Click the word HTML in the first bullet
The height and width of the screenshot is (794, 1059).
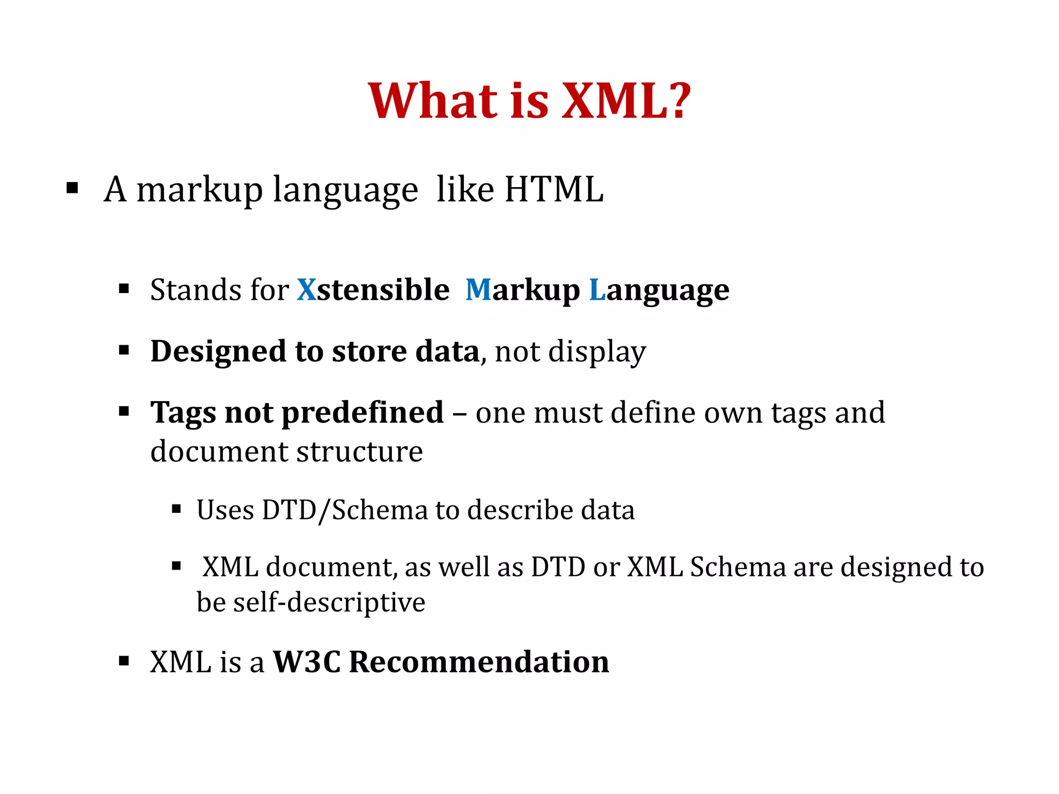pyautogui.click(x=554, y=189)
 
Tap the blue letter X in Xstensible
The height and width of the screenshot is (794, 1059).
pyautogui.click(x=306, y=289)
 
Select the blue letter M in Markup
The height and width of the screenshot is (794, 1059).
pyautogui.click(x=478, y=289)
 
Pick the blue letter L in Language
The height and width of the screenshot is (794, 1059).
pyautogui.click(x=597, y=289)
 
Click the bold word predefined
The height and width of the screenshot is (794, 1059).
pyautogui.click(x=362, y=414)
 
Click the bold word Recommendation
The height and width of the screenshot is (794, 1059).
pyautogui.click(x=479, y=662)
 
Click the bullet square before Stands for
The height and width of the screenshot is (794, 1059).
pyautogui.click(x=124, y=288)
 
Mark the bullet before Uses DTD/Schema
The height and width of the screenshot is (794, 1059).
pyautogui.click(x=176, y=509)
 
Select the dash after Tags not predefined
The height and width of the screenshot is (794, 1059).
pyautogui.click(x=459, y=414)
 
